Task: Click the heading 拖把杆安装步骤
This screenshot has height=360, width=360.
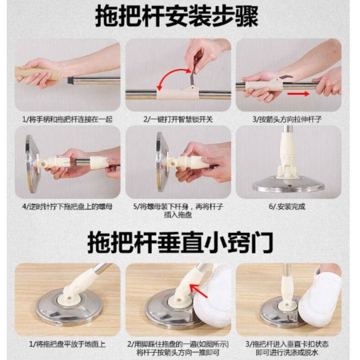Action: click(177, 17)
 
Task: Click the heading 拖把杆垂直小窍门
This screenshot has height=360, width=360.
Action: click(180, 243)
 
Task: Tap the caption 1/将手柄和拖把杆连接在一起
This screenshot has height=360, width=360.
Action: click(67, 119)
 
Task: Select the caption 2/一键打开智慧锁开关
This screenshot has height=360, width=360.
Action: click(178, 119)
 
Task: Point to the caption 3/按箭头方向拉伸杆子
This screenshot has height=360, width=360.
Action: click(287, 119)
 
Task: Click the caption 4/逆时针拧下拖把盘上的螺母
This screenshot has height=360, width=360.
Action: click(67, 207)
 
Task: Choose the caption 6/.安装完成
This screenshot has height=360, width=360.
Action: click(287, 207)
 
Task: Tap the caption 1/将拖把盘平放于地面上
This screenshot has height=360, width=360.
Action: click(67, 344)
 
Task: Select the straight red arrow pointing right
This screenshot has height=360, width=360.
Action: click(298, 94)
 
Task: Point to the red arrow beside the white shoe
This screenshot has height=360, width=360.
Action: click(198, 290)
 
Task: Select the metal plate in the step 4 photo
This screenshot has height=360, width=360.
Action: click(32, 163)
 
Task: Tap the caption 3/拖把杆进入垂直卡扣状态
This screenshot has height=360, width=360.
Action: click(287, 344)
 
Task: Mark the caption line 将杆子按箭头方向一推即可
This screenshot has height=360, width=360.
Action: click(178, 352)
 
